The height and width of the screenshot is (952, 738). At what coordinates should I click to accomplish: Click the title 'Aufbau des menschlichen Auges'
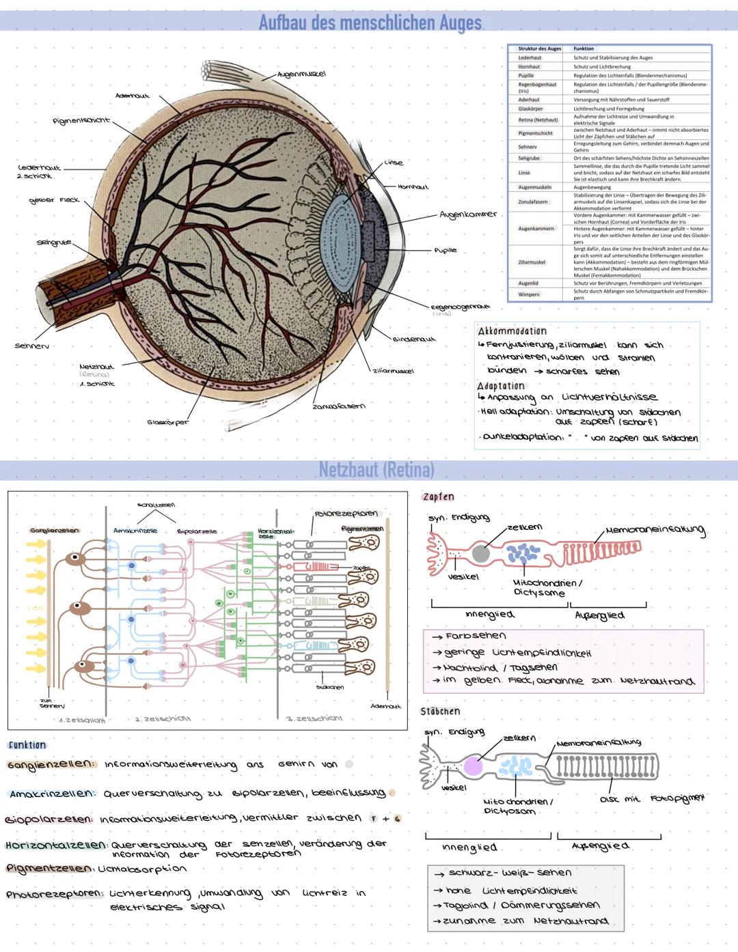click(x=370, y=23)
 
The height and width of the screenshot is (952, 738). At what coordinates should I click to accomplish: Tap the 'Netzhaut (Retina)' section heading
click(x=376, y=470)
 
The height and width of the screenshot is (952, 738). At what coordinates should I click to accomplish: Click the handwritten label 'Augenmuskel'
click(x=301, y=74)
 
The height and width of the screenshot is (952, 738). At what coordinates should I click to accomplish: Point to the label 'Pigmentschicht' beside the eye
click(x=81, y=121)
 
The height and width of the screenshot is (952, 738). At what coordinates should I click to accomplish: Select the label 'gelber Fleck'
click(x=54, y=200)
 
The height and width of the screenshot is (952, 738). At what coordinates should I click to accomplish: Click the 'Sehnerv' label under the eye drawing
click(x=31, y=346)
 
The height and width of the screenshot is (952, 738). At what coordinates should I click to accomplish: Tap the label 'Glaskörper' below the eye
click(x=167, y=422)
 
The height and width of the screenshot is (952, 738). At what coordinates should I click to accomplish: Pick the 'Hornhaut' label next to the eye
click(x=413, y=186)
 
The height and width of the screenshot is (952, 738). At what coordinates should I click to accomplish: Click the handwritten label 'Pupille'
click(x=445, y=251)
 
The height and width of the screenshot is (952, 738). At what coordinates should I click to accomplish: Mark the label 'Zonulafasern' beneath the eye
click(x=338, y=406)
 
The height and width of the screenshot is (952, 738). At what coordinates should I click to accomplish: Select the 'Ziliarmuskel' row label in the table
click(x=532, y=262)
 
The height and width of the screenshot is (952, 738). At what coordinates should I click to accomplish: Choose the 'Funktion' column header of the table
click(x=584, y=48)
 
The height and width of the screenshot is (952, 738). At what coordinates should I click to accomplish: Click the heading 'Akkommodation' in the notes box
click(x=512, y=331)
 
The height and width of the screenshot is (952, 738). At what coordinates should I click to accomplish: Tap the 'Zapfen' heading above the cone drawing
click(x=438, y=496)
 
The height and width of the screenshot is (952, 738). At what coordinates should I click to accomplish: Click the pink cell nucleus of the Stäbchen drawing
click(x=473, y=766)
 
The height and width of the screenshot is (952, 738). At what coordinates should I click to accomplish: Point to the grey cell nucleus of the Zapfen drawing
click(x=481, y=553)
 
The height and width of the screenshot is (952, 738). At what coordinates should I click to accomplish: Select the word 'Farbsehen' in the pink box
click(x=476, y=636)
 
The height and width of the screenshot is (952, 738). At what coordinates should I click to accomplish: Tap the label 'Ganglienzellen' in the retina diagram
click(x=54, y=531)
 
